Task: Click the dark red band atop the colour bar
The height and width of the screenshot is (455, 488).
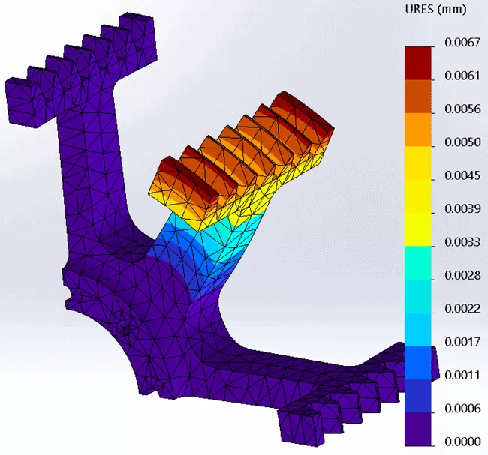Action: tap(419, 62)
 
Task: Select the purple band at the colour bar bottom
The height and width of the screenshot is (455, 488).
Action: tap(419, 428)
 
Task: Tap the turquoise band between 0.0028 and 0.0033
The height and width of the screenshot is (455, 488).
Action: tap(419, 262)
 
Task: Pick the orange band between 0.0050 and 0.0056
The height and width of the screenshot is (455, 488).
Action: tap(419, 129)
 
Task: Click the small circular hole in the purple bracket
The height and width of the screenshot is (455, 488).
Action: tap(125, 329)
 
